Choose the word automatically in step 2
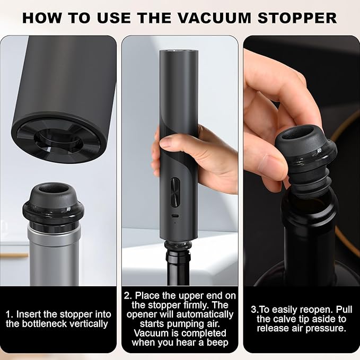coord(204,314)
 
